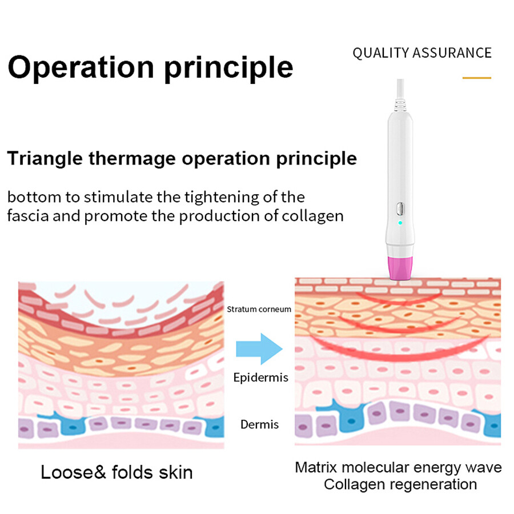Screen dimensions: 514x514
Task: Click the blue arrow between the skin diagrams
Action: (259, 349)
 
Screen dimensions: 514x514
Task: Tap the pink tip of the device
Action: (400, 268)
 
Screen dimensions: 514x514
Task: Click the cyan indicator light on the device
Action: (400, 223)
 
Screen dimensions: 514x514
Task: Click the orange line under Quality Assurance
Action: (477, 78)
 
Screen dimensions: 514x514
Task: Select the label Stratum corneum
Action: (259, 309)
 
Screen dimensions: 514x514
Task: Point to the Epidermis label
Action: (261, 378)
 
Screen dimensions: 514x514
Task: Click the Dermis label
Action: (260, 424)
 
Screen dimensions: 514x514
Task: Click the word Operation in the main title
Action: (81, 67)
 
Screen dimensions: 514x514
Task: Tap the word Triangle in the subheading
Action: (45, 159)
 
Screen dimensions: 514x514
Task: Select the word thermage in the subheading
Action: (132, 159)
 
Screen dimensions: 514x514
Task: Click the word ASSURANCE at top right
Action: (452, 53)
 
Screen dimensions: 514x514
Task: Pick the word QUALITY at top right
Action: (380, 53)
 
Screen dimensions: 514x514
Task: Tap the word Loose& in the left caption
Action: (73, 472)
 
